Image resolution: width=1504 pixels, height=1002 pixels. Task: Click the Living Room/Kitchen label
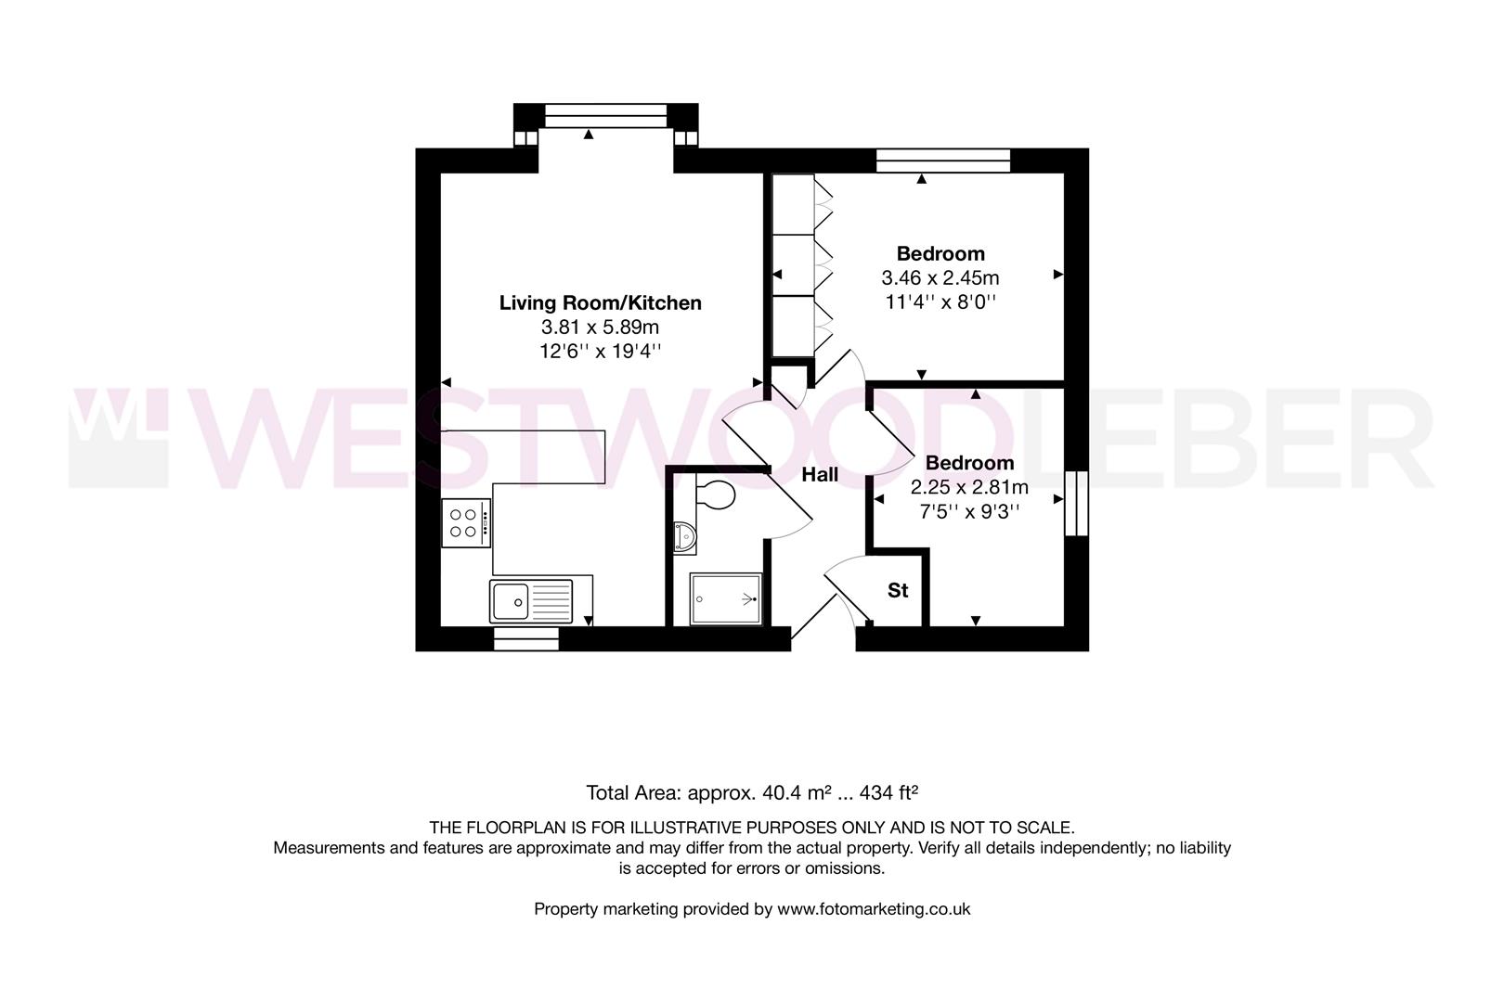(x=600, y=302)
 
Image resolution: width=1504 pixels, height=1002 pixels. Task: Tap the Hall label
(x=820, y=475)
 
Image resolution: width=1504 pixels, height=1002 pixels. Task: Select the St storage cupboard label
(x=898, y=590)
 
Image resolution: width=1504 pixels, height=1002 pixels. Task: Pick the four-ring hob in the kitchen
(x=466, y=522)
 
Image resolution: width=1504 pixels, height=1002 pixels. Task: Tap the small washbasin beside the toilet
(x=685, y=537)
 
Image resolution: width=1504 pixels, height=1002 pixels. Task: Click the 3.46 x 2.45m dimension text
(x=940, y=277)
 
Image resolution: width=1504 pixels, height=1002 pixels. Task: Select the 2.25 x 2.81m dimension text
(x=969, y=487)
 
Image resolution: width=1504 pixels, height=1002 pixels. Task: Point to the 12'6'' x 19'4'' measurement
(x=600, y=351)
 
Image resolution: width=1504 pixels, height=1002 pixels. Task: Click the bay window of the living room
(x=605, y=116)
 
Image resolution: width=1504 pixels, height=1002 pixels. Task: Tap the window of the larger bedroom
(x=942, y=161)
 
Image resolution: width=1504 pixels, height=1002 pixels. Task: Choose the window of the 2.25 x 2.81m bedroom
(x=1075, y=503)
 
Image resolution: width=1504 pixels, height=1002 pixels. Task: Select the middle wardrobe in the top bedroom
(x=794, y=264)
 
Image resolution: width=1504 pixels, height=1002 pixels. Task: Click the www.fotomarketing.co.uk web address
(x=874, y=909)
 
